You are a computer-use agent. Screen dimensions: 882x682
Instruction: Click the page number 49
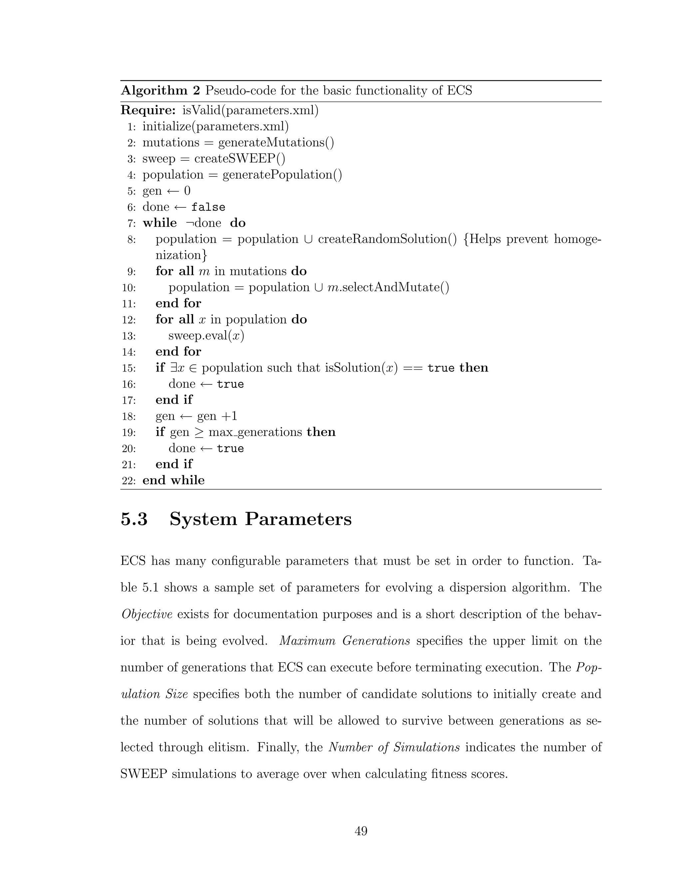[361, 831]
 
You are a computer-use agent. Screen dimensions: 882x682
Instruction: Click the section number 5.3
[134, 519]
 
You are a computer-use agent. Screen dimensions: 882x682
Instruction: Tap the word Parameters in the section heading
[298, 519]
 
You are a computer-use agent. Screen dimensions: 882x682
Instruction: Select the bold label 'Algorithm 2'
[161, 91]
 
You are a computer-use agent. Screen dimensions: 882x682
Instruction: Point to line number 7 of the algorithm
[132, 223]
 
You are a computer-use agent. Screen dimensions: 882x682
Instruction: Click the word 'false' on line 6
[208, 207]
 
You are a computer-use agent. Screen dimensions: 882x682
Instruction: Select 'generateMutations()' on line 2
[276, 142]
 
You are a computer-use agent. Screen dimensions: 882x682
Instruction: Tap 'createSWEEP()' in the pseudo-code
[239, 159]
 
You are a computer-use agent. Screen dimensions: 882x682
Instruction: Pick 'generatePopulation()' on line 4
[282, 175]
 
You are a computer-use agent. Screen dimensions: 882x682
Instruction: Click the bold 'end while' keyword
[174, 480]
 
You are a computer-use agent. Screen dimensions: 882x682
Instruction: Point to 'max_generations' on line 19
[255, 432]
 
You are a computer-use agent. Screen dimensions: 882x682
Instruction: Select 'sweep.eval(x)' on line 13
[206, 335]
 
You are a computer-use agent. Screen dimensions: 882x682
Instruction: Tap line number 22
[129, 481]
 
